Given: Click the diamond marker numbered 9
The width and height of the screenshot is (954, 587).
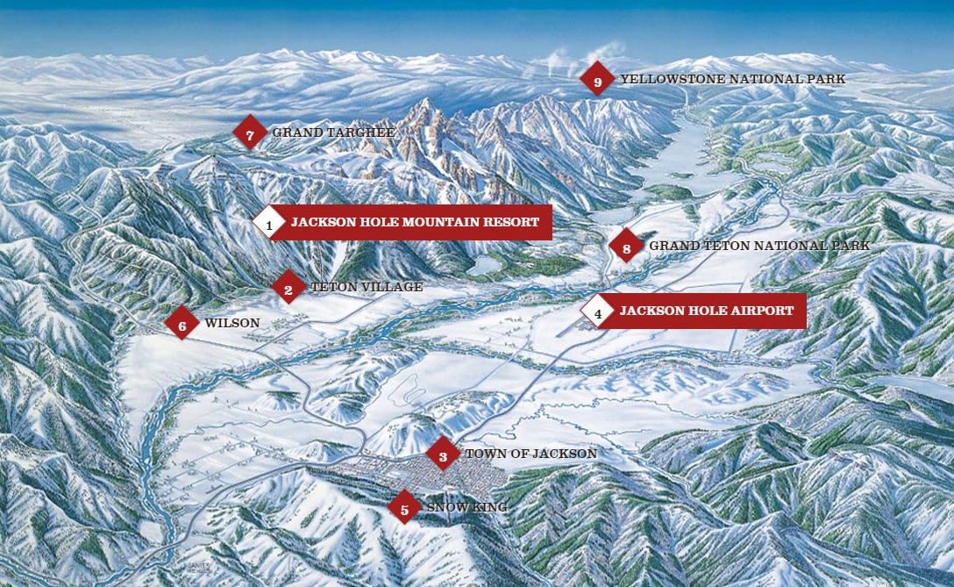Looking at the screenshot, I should coord(597,80).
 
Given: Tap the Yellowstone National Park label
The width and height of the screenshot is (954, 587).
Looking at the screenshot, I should coord(732,79).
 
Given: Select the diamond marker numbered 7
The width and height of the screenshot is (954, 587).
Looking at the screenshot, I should coord(250,133).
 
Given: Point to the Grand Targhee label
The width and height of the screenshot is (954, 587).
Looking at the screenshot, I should coord(333,132).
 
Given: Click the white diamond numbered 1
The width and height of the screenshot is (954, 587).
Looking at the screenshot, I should coord(269,223).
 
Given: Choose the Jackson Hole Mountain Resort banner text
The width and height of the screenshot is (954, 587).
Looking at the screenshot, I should coord(415,222).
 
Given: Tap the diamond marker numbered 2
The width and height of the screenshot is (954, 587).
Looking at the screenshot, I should coord(288,287).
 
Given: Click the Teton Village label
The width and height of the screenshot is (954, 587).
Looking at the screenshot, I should coord(367,287).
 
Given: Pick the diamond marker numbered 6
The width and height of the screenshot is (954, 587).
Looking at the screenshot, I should coord(182,324).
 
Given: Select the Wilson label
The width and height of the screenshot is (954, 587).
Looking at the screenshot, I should coord(232,323).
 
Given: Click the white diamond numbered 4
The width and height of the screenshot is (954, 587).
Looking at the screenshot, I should coord(598,311).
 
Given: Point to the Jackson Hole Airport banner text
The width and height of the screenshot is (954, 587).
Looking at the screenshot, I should coord(706,311).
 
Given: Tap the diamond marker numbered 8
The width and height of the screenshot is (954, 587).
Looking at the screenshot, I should coord(626,247).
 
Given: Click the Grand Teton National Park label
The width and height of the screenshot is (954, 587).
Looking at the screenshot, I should coord(759,246).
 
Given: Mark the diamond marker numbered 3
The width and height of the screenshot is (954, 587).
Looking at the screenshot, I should coord(443,455).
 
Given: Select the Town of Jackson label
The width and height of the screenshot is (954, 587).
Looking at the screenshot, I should coord(530,454).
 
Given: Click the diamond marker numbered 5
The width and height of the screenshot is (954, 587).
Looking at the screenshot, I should coord(404,507).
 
